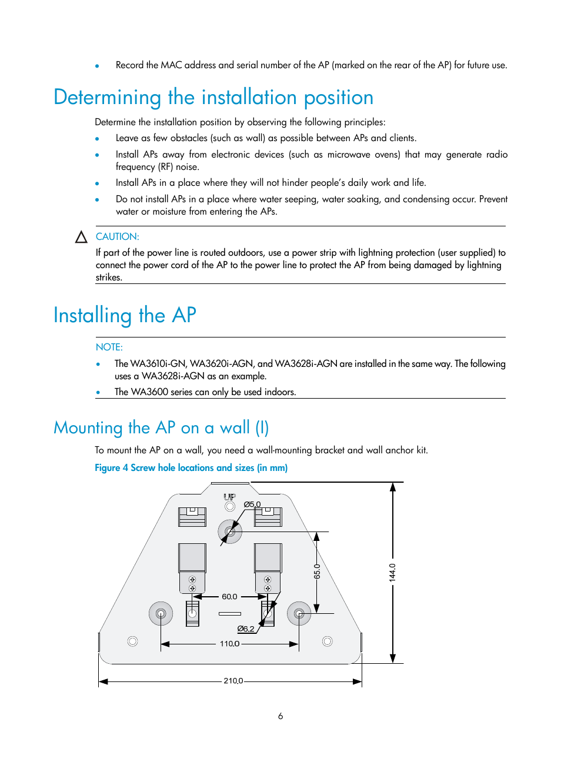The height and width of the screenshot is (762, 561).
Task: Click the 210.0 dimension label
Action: (233, 681)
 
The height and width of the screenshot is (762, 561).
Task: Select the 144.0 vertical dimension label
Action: (392, 572)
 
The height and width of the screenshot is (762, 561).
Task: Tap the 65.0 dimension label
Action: (317, 571)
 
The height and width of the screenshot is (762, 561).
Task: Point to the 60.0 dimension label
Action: (229, 597)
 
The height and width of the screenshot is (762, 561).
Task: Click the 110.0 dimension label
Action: (229, 644)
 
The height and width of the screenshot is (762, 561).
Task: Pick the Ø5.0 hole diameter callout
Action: (252, 504)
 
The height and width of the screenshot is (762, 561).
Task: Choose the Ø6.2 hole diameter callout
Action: (246, 629)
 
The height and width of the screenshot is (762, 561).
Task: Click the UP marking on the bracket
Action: (229, 497)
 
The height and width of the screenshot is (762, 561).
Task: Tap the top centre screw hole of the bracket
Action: (230, 532)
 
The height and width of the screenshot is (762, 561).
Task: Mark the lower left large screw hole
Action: (161, 614)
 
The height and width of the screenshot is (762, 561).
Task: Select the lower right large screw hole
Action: (299, 614)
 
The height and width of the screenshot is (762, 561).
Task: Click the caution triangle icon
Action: (82, 237)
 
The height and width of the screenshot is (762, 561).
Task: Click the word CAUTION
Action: (117, 236)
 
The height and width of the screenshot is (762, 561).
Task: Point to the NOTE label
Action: (109, 347)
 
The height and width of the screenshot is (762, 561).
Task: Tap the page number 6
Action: (280, 716)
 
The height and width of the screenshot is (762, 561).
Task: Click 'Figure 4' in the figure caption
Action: (111, 468)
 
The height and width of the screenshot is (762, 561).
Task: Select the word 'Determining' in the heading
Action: (107, 98)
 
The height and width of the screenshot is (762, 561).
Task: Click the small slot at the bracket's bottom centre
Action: (230, 614)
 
